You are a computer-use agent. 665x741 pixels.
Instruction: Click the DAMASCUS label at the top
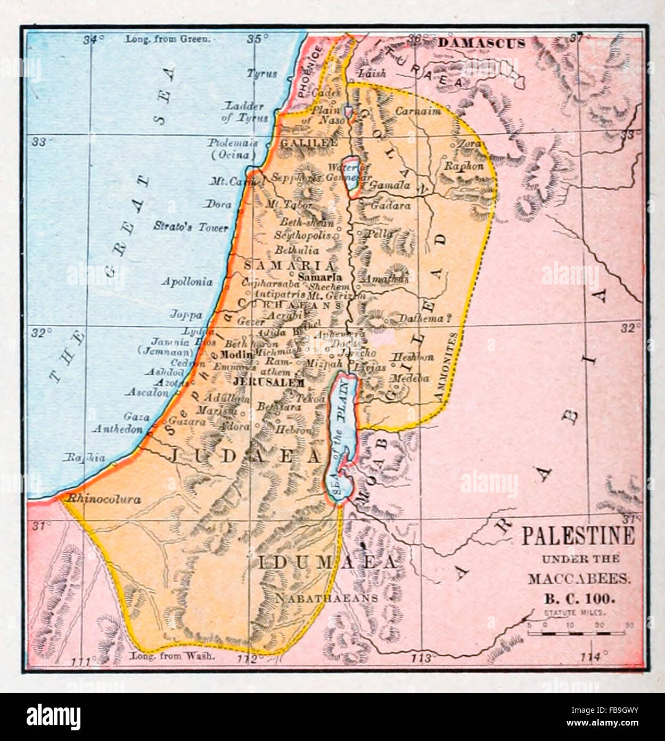coord(481,44)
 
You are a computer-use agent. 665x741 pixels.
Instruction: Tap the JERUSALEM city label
coord(269,382)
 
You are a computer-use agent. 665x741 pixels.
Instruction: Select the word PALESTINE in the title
coord(578,536)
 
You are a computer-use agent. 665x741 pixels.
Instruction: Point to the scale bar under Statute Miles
coord(576,633)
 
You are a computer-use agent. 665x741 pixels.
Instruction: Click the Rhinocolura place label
coord(102,500)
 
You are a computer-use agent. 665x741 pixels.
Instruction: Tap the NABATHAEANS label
coord(326,598)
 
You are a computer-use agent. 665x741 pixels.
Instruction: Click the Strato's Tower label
coord(191,227)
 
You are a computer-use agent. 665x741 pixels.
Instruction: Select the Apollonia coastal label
coord(187,281)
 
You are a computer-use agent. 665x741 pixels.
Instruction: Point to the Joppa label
coord(186,314)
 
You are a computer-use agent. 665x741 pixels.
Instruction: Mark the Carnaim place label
coord(417,111)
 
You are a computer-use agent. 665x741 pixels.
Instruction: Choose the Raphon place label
coord(464,166)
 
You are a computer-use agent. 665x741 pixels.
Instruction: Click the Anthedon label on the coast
coord(118,429)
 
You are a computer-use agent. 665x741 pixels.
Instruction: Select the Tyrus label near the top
coord(261,74)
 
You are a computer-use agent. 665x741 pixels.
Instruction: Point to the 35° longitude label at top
coord(258,38)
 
